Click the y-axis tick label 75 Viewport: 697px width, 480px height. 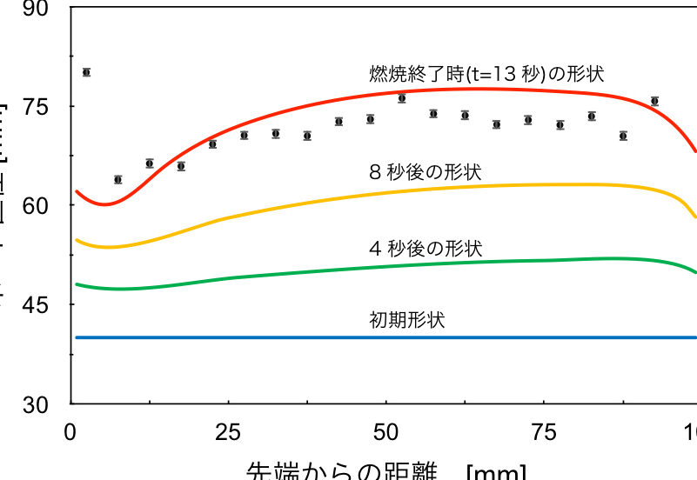coord(39,106)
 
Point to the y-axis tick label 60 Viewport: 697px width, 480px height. coord(39,206)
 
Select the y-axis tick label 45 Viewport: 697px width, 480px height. coord(39,305)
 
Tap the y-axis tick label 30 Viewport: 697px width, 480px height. coord(39,404)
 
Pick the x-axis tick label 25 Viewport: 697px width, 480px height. coord(228,431)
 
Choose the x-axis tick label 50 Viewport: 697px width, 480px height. coord(385,431)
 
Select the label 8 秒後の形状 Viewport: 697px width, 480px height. coord(426,171)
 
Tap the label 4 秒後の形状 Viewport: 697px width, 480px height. coord(426,249)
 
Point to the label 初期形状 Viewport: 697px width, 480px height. coord(407,320)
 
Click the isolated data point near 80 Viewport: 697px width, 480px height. coord(86,72)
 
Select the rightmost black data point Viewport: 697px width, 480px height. coord(654,101)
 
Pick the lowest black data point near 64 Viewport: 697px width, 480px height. coord(117,179)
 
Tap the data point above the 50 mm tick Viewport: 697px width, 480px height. coord(402,98)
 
